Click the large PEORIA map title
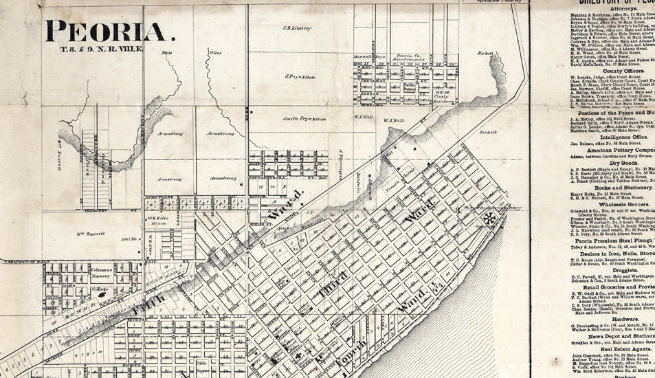point(106,31)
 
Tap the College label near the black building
point(101,289)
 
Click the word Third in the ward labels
point(333,284)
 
